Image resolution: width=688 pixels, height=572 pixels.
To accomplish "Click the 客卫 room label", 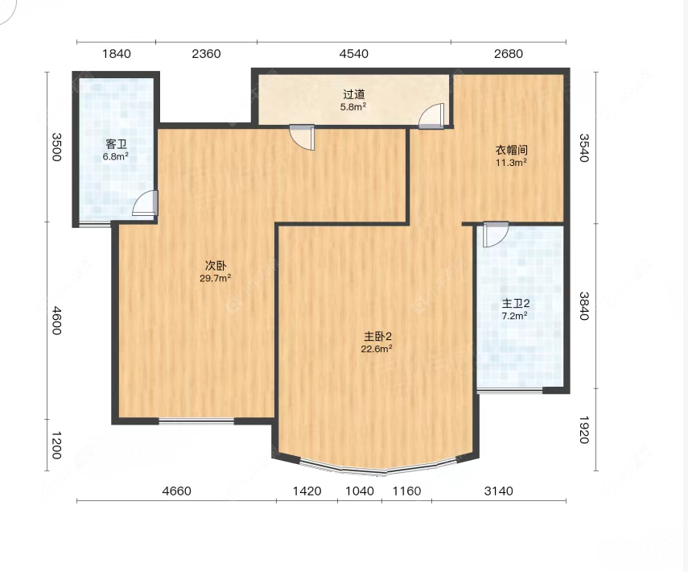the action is [x=116, y=144].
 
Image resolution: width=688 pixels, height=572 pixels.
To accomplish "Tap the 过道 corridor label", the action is [x=353, y=94].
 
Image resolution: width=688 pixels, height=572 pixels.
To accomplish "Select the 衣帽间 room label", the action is [x=511, y=150].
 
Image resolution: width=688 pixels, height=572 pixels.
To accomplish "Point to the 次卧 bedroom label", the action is [x=216, y=265].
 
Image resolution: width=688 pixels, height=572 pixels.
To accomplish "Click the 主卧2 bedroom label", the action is [x=377, y=337].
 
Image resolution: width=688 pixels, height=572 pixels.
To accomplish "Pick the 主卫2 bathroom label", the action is [x=516, y=303].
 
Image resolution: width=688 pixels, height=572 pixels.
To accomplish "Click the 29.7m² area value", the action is [x=216, y=278].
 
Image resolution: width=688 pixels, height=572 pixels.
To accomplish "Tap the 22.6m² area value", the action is [x=377, y=349].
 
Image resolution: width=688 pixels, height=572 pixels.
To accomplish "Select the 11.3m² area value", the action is [x=511, y=163].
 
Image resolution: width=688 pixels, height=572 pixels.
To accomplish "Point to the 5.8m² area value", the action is [x=353, y=106].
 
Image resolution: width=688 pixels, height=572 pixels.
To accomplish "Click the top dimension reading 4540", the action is [x=353, y=54].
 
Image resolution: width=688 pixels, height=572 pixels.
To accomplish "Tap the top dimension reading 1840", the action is [x=116, y=54].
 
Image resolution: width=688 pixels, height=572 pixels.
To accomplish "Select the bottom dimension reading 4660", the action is [x=176, y=491].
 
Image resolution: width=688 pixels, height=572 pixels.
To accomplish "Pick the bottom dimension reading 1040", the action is [x=360, y=491].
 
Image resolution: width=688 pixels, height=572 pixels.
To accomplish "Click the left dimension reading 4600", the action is [x=56, y=321].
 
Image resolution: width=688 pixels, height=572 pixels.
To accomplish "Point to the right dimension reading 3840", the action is [x=583, y=306].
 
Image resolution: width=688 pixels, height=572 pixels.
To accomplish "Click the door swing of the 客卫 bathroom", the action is [x=145, y=203].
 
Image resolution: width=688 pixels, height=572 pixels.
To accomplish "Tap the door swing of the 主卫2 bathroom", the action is [x=496, y=235].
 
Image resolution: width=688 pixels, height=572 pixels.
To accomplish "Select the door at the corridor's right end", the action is [x=431, y=116].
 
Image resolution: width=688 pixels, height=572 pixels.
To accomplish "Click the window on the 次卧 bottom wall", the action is [x=196, y=421].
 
